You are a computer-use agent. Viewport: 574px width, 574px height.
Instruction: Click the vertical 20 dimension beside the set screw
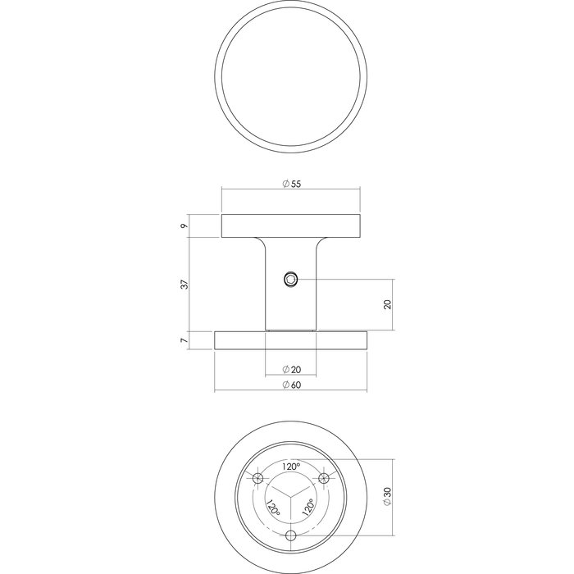(388, 304)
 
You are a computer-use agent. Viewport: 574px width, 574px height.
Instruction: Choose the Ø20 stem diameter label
(291, 368)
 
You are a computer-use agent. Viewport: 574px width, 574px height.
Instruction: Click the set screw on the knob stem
(291, 280)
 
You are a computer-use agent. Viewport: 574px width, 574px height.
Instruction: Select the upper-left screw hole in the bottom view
(260, 478)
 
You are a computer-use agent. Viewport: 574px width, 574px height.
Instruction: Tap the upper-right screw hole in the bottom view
(323, 478)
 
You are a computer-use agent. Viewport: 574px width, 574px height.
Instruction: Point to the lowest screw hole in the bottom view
(291, 535)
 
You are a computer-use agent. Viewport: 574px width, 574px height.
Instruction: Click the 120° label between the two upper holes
(291, 466)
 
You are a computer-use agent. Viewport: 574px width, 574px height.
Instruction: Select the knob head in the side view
(291, 225)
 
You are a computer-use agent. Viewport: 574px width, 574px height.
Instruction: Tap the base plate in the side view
(291, 339)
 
